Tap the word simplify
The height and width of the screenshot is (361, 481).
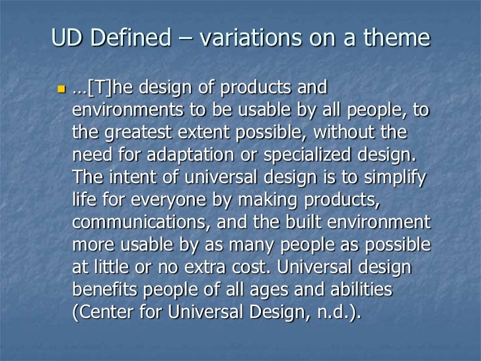(x=394, y=178)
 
